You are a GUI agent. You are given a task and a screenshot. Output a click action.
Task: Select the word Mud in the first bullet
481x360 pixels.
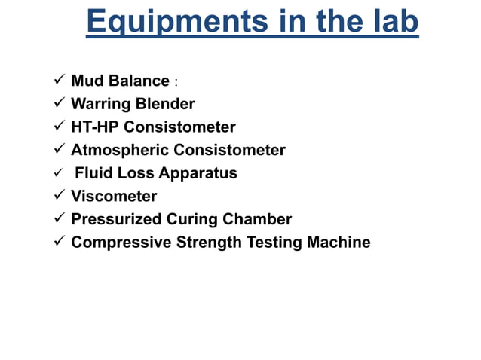tap(87, 81)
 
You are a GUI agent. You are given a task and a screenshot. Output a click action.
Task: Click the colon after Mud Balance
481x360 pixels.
tap(176, 82)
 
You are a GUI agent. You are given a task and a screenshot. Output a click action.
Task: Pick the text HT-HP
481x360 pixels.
tap(95, 127)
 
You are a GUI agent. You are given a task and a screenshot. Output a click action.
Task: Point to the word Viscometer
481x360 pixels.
tap(114, 196)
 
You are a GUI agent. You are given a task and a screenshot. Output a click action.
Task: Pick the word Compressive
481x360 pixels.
tap(121, 243)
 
